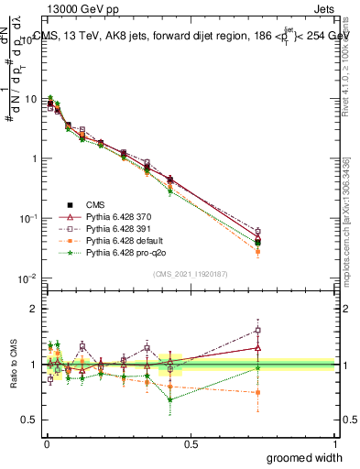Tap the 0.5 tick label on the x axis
click(190, 443)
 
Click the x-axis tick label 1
click(334, 443)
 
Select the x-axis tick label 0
click(46, 443)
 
